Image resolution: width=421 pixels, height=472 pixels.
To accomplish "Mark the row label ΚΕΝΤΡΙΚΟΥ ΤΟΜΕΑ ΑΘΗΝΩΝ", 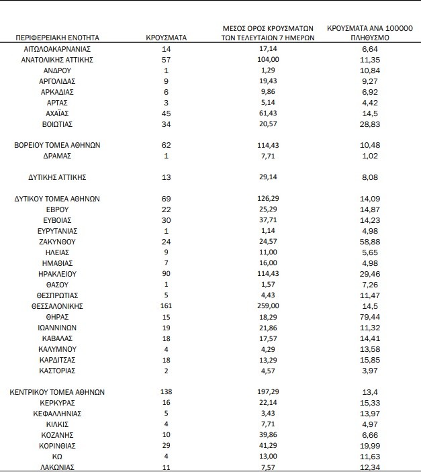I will (x=60, y=392).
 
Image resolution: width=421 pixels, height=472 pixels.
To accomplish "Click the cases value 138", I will (x=167, y=392).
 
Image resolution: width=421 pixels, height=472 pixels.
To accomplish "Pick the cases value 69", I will (x=167, y=199).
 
